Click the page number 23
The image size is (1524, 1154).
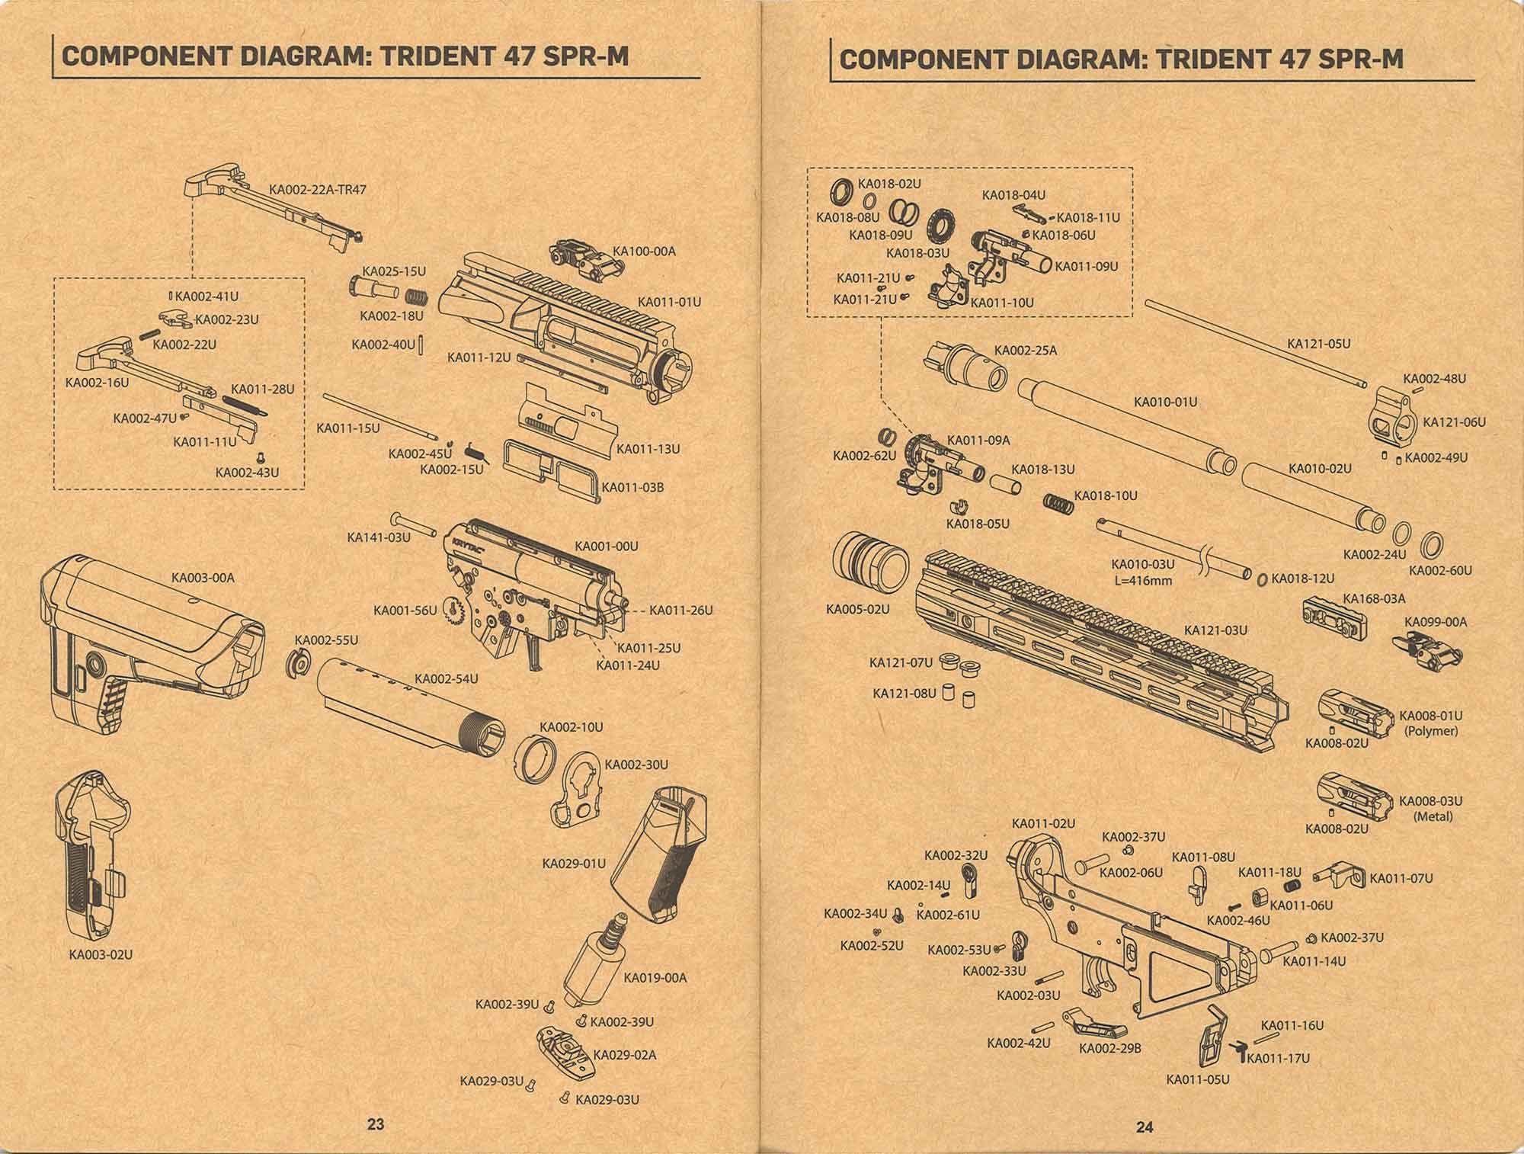(x=376, y=1124)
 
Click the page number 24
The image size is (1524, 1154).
(x=1145, y=1128)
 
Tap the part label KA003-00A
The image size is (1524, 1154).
(x=203, y=578)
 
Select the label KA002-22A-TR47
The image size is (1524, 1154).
(x=318, y=189)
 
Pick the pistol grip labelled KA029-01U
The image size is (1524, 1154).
(x=660, y=857)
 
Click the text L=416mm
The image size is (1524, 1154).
(x=1142, y=581)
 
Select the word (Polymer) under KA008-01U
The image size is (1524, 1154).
(x=1430, y=730)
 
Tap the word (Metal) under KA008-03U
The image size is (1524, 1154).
(x=1433, y=816)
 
